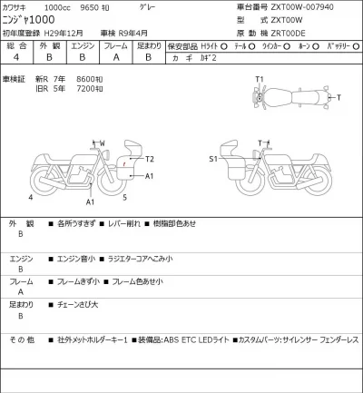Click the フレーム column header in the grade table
[113, 43]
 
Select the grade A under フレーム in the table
[113, 55]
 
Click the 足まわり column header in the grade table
[148, 43]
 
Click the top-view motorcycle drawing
[285, 96]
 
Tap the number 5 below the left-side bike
[123, 195]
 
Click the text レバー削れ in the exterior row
[124, 222]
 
